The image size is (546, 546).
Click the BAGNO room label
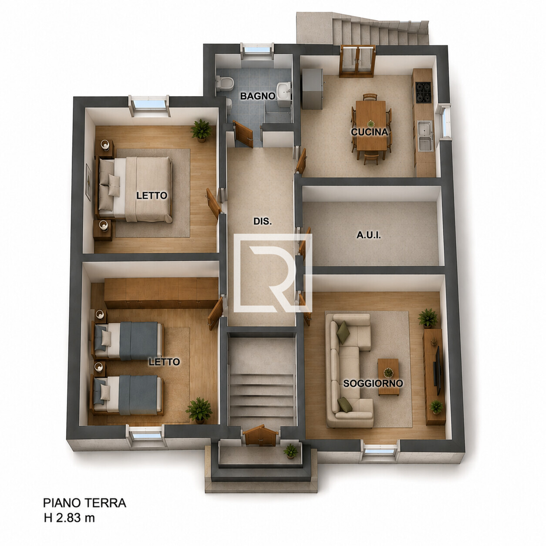[x=258, y=96]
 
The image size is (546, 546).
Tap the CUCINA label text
[x=369, y=132]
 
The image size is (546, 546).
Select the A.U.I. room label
[x=368, y=235]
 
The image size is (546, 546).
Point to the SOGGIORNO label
[x=373, y=383]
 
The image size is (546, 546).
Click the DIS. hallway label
[x=263, y=221]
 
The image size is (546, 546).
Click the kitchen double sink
[x=425, y=135]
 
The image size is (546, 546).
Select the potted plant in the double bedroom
[x=202, y=131]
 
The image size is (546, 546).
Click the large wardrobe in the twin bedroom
[x=161, y=293]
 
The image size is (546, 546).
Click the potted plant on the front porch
[x=291, y=452]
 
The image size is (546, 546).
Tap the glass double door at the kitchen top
[x=357, y=61]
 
